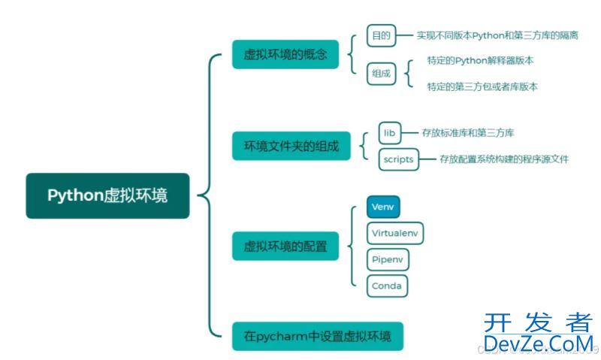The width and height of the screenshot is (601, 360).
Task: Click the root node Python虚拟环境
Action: (107, 196)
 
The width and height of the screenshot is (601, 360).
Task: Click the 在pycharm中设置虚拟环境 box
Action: (317, 336)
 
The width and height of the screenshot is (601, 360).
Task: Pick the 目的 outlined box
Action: (380, 35)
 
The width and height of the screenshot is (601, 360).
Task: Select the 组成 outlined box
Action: (381, 73)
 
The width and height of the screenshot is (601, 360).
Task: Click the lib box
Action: (389, 133)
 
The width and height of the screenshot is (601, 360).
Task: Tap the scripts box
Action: (398, 159)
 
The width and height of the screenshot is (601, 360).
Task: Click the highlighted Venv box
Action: (383, 206)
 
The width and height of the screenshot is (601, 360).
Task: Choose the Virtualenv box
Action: (396, 233)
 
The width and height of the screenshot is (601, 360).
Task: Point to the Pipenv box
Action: (388, 259)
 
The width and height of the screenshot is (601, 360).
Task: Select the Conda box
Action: (387, 286)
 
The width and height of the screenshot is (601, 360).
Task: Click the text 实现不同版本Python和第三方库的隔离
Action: (497, 35)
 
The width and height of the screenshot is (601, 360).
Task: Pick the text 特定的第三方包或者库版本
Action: (482, 86)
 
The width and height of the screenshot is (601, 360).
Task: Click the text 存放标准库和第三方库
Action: (468, 133)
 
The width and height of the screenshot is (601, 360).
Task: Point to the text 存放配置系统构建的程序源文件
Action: (504, 159)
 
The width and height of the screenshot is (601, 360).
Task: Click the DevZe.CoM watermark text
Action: (537, 343)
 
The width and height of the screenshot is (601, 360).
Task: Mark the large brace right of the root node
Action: (208, 196)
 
